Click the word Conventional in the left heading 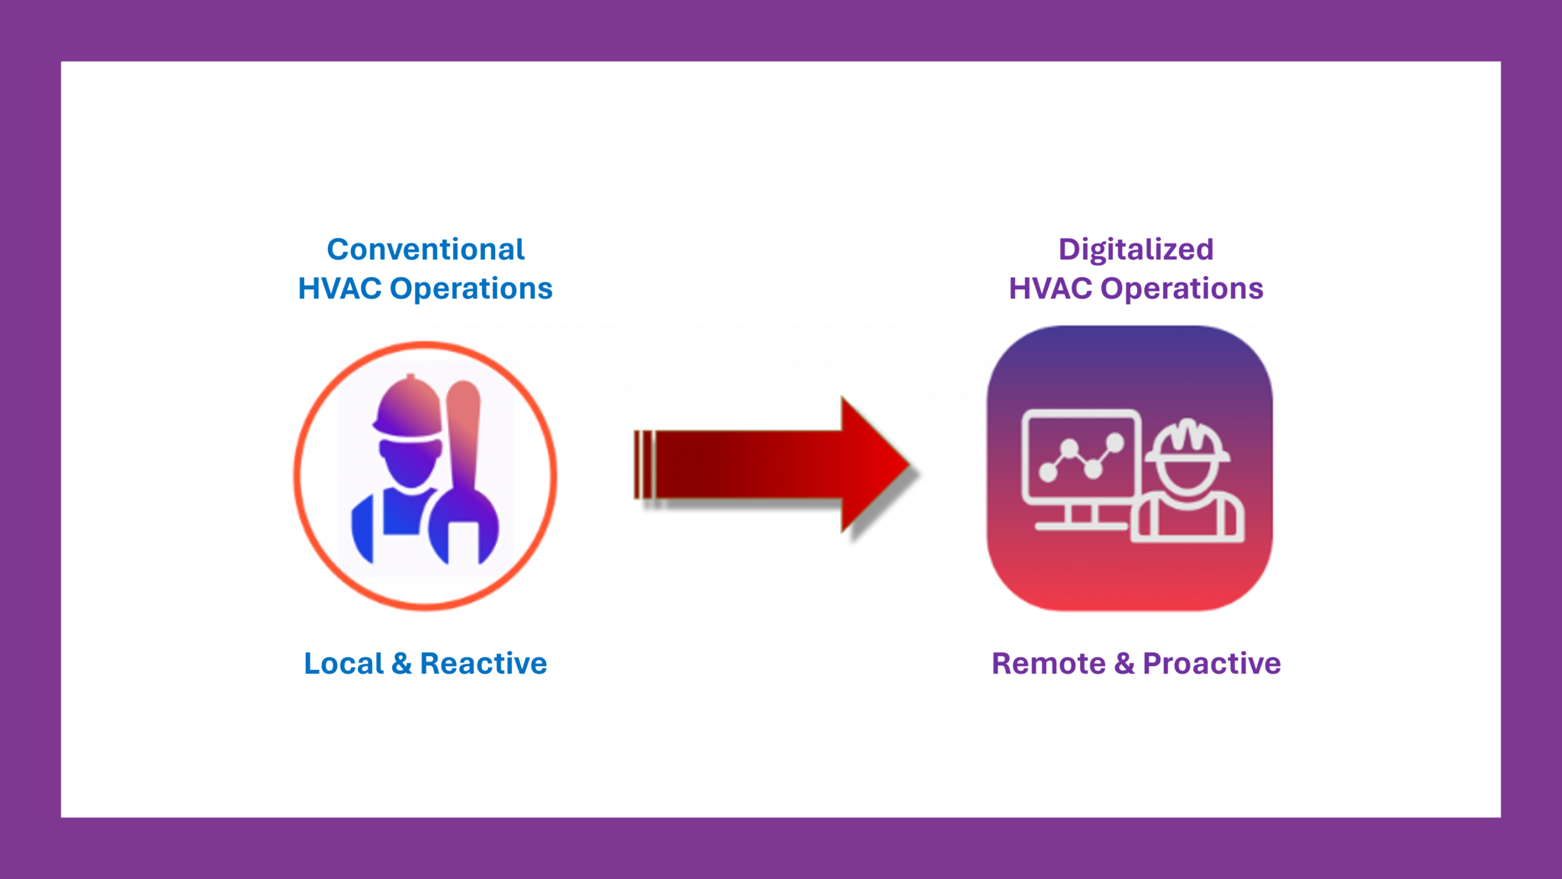tap(426, 250)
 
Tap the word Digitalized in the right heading tap(1136, 250)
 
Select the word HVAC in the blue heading tap(339, 288)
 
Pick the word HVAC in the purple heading tap(1050, 288)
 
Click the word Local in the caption tap(343, 663)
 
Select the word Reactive tap(484, 663)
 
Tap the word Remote tap(1049, 663)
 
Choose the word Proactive tap(1212, 663)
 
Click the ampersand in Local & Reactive tap(402, 663)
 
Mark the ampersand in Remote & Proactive tap(1124, 663)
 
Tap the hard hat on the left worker tap(409, 408)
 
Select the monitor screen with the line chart tap(1082, 456)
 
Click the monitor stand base tap(1081, 526)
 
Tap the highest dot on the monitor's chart tap(1116, 442)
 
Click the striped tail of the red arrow tap(644, 464)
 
